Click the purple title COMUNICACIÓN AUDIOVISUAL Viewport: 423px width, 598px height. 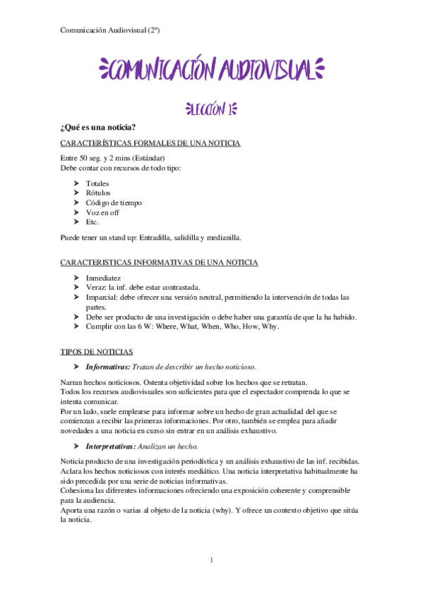click(211, 70)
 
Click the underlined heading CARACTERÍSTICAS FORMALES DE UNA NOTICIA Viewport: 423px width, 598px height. click(150, 143)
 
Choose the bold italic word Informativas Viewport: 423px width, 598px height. click(107, 367)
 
